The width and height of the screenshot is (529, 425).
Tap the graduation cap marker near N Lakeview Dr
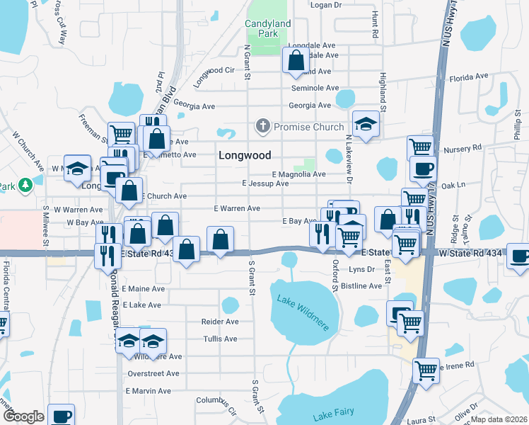(366, 125)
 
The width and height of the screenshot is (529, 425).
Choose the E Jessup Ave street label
(265, 183)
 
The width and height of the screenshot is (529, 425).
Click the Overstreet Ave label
(154, 373)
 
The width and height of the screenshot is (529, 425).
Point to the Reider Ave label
(220, 322)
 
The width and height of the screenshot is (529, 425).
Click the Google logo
(23, 416)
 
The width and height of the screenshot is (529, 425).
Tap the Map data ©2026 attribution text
(499, 419)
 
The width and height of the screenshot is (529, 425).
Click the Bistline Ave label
(361, 286)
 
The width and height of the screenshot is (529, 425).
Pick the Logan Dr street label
(326, 4)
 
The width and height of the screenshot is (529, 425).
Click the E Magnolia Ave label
(298, 174)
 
